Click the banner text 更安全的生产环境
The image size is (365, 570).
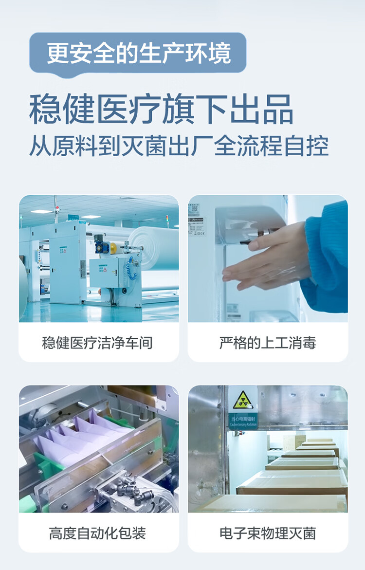138,53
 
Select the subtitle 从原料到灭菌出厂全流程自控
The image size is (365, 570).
179,146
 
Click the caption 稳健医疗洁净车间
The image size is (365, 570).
97,343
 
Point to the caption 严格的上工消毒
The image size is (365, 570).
268,343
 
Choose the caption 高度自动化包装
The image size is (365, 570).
97,533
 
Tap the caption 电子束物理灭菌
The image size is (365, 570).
268,533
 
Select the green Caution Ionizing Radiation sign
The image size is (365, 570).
243,421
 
